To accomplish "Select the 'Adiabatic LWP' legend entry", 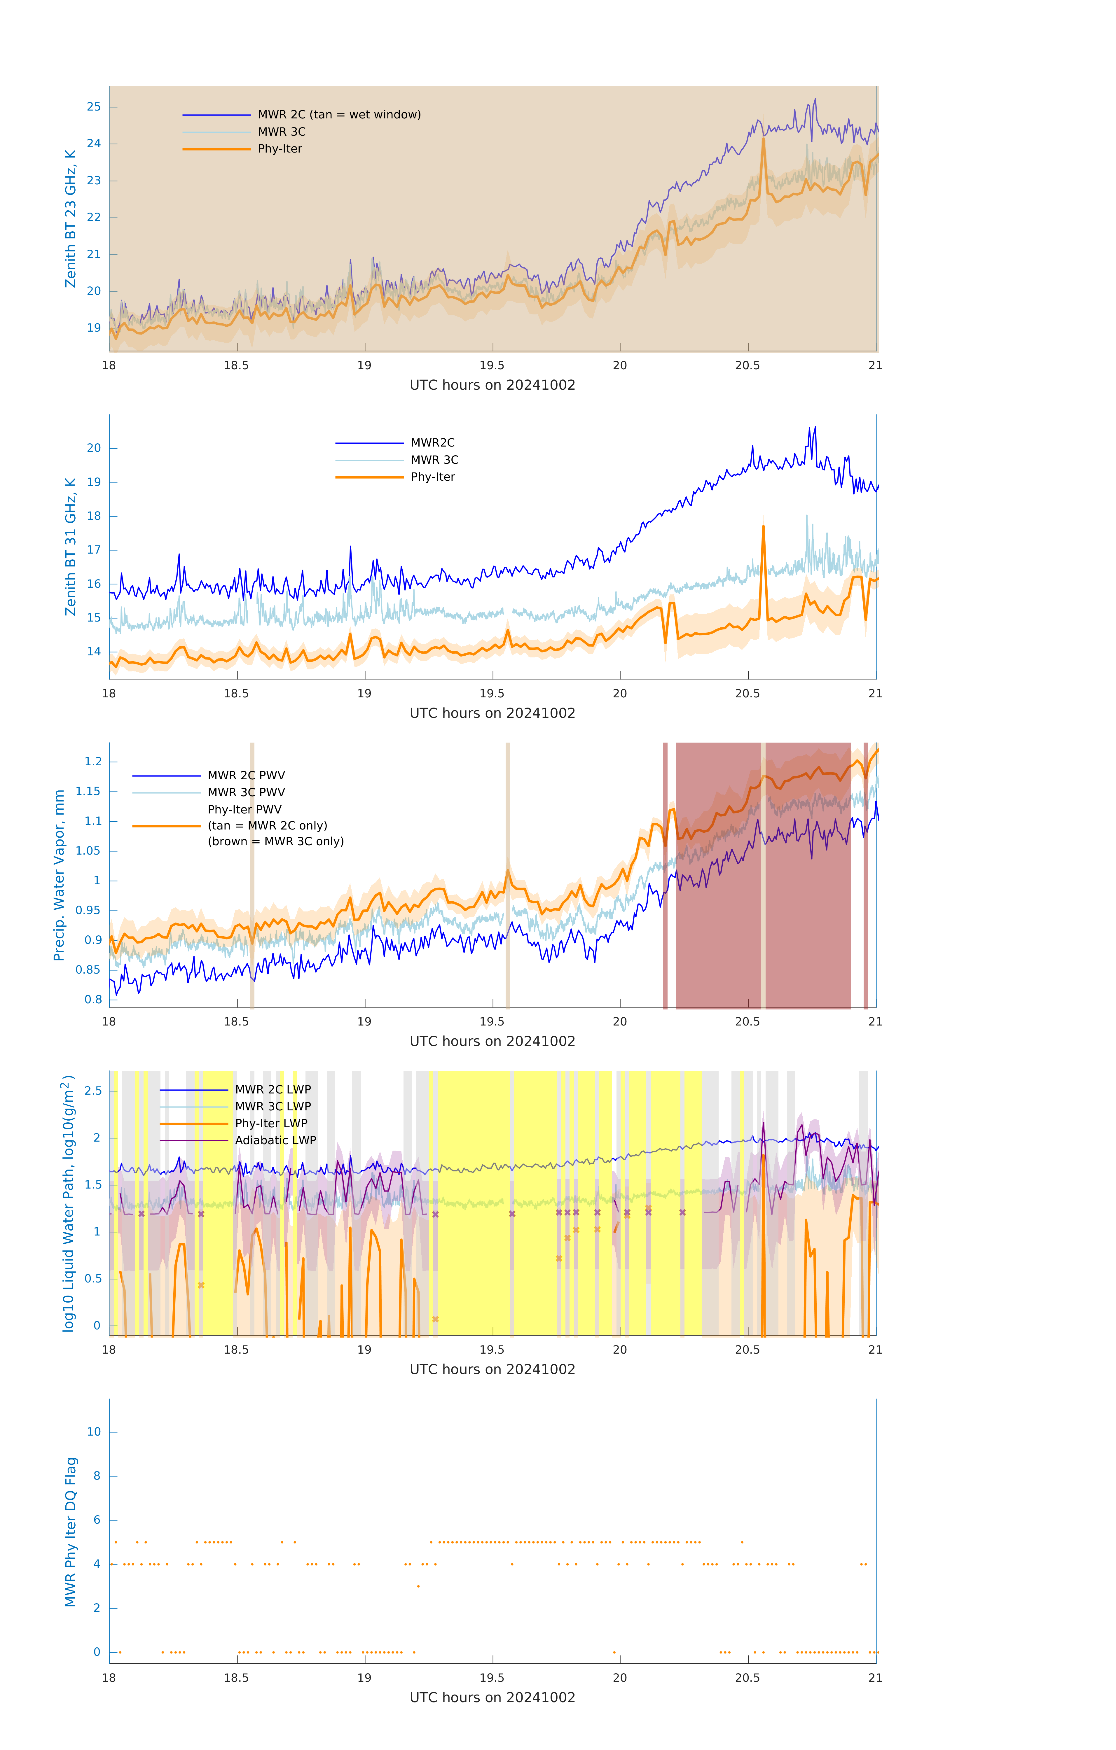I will point(275,1140).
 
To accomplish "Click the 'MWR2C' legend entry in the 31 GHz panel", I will point(433,442).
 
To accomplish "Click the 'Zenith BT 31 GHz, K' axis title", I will point(71,547).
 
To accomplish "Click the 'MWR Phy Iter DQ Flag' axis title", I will point(71,1532).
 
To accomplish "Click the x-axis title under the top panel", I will point(492,385).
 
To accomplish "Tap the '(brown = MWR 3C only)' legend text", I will point(275,841).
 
